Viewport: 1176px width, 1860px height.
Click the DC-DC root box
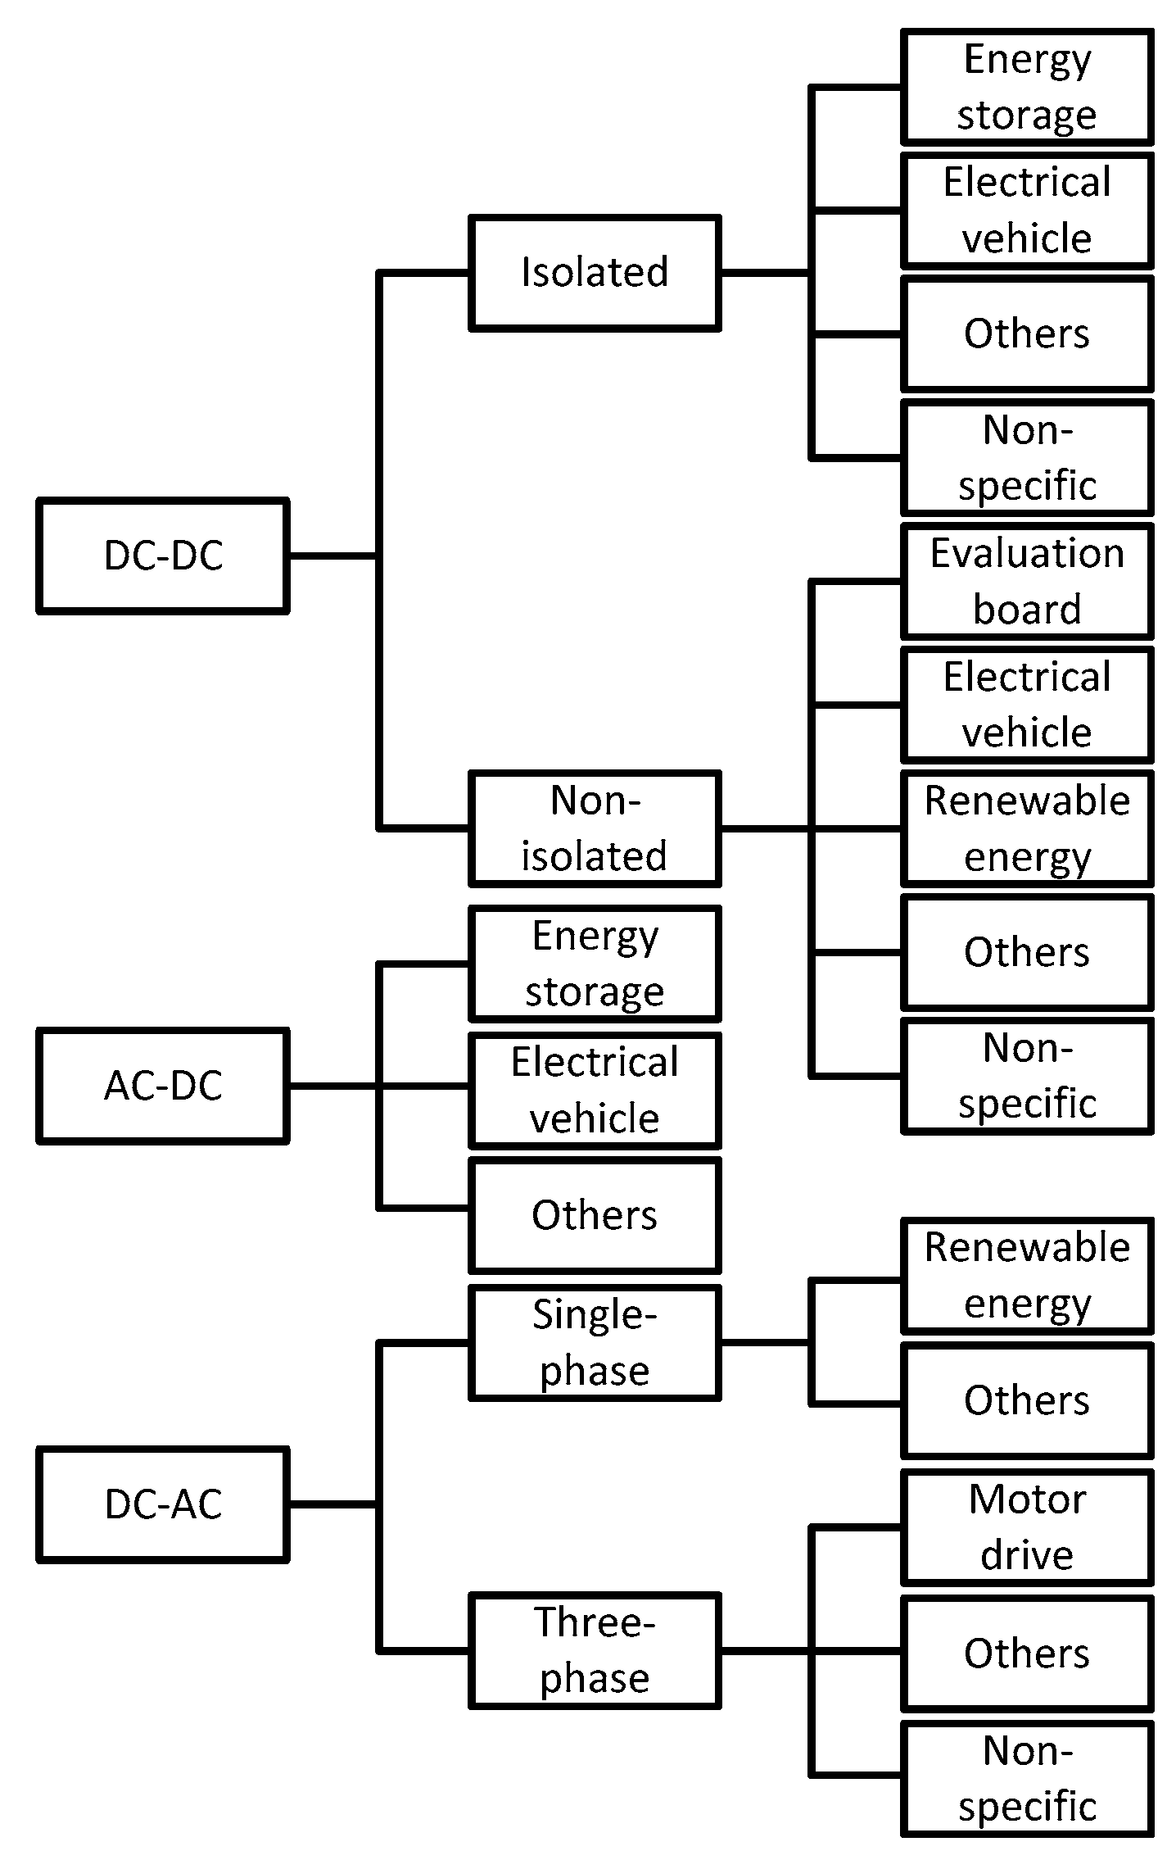163,556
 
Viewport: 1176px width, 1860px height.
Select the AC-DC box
163,1086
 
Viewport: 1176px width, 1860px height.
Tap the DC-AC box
163,1504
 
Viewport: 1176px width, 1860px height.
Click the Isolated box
595,273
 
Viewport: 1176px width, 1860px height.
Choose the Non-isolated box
595,828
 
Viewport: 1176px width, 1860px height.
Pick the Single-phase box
595,1343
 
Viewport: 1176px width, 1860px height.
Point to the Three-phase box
595,1650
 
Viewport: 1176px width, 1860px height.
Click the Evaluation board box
1027,581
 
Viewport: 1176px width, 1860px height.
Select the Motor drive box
1027,1527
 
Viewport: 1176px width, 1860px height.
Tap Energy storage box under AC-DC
595,964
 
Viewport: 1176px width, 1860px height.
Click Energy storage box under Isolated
1027,87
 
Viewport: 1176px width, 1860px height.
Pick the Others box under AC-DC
595,1215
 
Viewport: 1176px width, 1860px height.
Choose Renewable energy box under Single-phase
1027,1276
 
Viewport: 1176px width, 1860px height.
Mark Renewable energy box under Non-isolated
1027,828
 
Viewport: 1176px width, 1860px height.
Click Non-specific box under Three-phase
1027,1778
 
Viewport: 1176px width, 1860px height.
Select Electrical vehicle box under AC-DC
595,1090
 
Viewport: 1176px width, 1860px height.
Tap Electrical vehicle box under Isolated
1027,211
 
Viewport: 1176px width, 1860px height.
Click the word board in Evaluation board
1027,610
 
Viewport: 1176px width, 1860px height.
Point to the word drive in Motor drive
1027,1555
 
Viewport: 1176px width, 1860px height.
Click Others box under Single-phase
1027,1400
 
